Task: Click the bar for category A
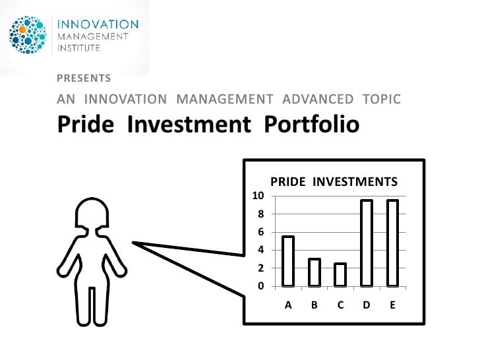coord(288,261)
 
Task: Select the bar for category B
coord(315,272)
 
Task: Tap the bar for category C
coord(340,274)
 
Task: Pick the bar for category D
coord(367,243)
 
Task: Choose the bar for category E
coord(392,243)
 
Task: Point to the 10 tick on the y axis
coord(258,196)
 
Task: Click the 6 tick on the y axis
coord(260,232)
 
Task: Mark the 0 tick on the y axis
coord(260,286)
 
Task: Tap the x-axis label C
coord(340,305)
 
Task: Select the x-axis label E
coord(392,305)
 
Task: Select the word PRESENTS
coord(84,78)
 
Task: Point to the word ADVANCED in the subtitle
coord(318,100)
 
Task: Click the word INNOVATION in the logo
coord(100,24)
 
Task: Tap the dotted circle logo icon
coord(28,34)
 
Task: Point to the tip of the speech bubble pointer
coord(134,243)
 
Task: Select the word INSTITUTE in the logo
coord(81,47)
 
